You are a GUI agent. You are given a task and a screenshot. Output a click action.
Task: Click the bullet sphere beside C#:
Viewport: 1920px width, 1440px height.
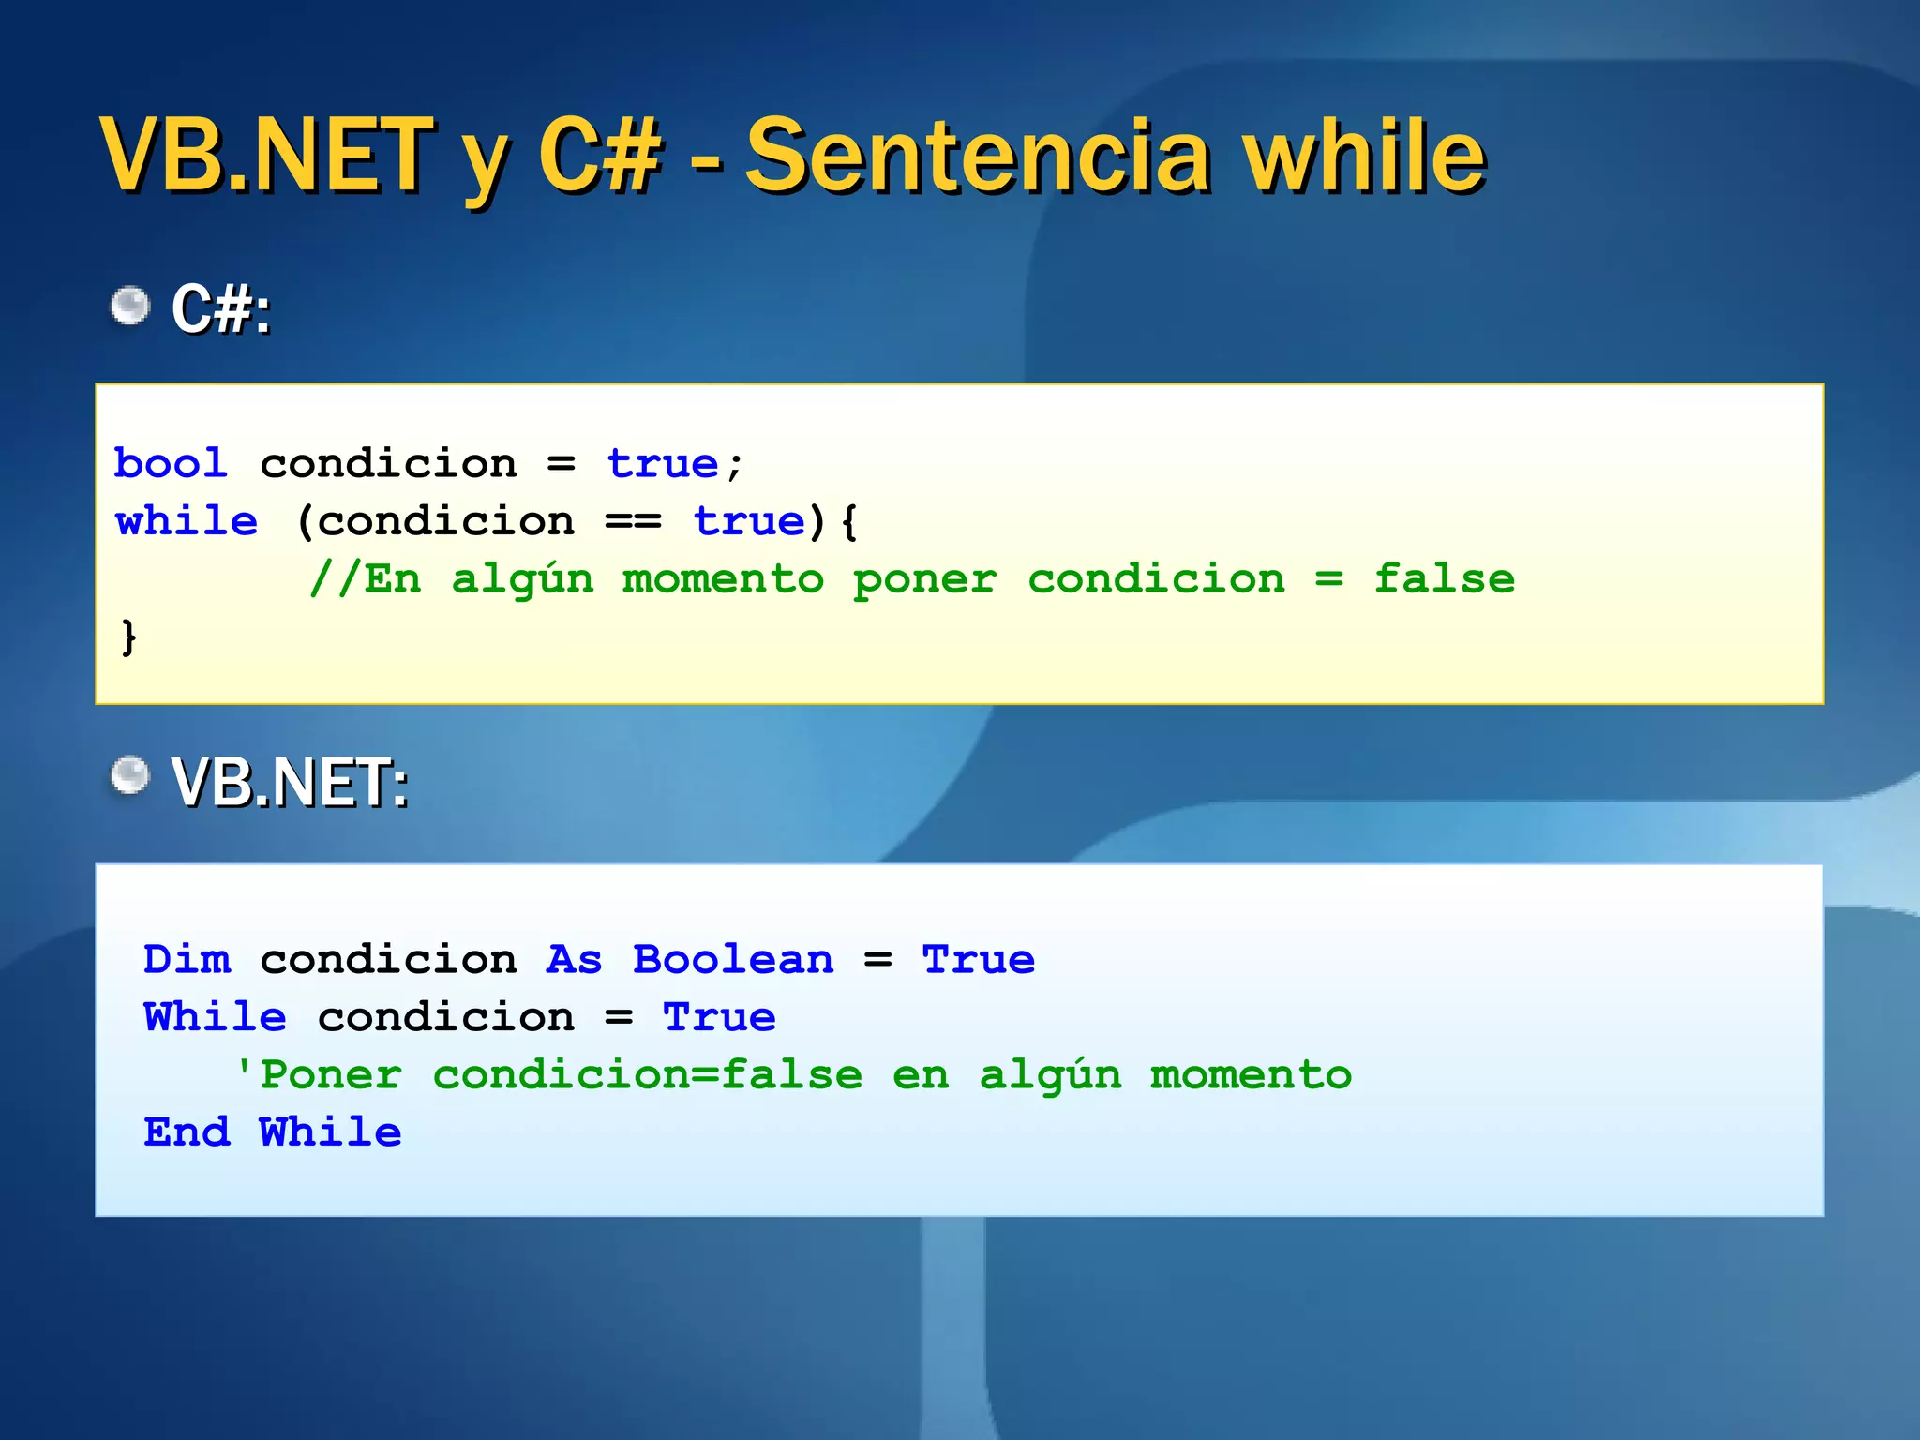[x=129, y=306]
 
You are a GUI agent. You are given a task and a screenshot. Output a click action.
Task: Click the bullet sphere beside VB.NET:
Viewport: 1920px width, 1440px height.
[x=129, y=775]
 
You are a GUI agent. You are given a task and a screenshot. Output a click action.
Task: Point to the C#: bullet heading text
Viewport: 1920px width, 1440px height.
[x=221, y=308]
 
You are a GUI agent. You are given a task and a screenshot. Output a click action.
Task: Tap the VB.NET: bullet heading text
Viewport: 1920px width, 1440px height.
[x=290, y=782]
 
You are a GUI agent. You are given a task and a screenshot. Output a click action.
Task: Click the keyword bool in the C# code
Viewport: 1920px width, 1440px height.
[x=171, y=463]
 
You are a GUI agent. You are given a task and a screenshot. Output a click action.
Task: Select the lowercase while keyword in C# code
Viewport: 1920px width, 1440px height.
[x=187, y=521]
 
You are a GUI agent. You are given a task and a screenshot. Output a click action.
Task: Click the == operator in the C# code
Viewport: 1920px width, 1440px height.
[x=634, y=521]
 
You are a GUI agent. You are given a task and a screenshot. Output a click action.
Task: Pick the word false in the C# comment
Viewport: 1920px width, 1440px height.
[x=1444, y=579]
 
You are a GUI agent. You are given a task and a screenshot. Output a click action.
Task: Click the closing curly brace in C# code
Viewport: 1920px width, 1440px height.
[x=128, y=637]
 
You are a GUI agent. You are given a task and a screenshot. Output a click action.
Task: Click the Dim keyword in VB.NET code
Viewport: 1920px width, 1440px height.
[x=187, y=959]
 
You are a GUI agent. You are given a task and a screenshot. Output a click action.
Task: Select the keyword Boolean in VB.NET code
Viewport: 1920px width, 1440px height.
[x=733, y=959]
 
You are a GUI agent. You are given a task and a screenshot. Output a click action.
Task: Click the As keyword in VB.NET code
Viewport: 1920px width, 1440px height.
[x=574, y=959]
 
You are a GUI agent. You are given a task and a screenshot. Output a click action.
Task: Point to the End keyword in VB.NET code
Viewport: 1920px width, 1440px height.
[x=187, y=1132]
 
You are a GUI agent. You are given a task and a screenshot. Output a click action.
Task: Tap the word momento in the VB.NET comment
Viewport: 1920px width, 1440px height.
[x=1251, y=1075]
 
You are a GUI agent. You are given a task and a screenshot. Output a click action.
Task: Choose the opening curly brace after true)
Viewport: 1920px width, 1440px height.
[x=849, y=522]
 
